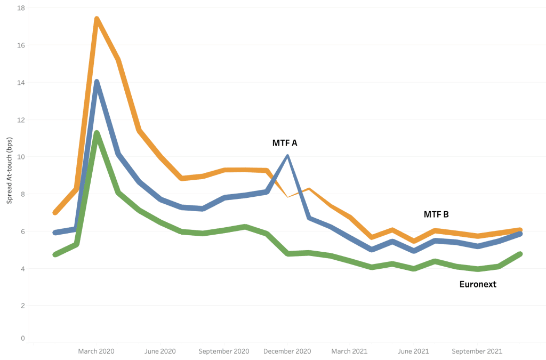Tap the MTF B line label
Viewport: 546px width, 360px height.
436,214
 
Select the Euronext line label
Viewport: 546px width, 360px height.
478,284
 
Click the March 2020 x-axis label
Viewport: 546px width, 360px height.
96,351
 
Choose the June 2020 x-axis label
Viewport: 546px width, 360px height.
160,351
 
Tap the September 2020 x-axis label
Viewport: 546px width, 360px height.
223,351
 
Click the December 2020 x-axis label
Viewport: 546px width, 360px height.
287,351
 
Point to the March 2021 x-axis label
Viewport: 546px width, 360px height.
349,351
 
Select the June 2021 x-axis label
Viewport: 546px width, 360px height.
413,351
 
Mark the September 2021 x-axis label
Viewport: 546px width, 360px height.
477,351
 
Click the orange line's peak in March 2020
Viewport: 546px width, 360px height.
97,20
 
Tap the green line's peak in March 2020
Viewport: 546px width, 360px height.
97,133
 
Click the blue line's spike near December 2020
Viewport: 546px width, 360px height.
287,156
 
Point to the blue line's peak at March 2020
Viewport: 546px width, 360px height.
97,82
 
